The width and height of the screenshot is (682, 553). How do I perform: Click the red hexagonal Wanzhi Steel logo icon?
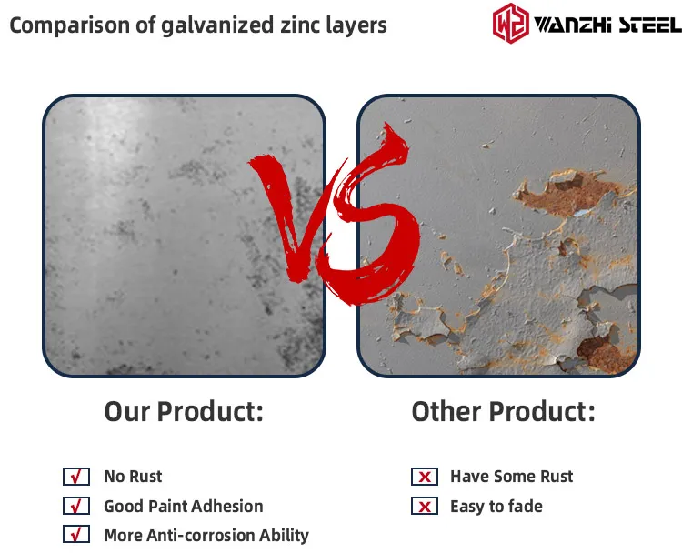point(511,23)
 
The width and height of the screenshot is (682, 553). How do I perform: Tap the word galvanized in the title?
point(217,25)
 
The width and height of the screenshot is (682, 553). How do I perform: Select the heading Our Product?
point(184,411)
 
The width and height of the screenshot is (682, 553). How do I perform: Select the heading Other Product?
point(503,411)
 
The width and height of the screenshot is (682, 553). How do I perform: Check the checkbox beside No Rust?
point(76,477)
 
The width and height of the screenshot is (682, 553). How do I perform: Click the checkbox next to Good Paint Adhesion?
point(76,506)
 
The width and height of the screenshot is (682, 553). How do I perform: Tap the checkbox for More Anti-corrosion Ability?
point(76,534)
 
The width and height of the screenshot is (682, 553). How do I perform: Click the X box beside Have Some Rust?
point(425,477)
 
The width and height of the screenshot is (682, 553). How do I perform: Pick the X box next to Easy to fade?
point(425,506)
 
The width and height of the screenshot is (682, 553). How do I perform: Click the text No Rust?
point(133,477)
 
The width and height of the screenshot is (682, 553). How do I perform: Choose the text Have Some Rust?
point(511,477)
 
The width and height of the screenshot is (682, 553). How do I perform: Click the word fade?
point(526,506)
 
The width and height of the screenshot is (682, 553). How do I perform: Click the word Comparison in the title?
point(70,25)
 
